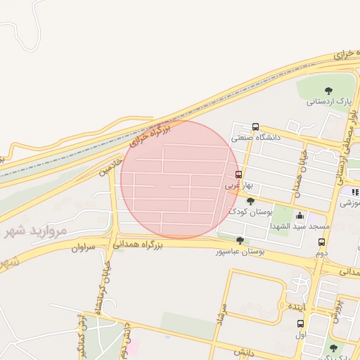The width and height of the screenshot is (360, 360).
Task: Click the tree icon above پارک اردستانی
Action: pyautogui.click(x=328, y=89)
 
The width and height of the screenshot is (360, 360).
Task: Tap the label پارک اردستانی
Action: pyautogui.click(x=328, y=101)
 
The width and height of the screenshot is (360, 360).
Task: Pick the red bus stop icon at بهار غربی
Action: pyautogui.click(x=238, y=174)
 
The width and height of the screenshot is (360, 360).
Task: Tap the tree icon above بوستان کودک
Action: pyautogui.click(x=250, y=201)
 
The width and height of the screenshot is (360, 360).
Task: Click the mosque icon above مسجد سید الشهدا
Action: pyautogui.click(x=301, y=215)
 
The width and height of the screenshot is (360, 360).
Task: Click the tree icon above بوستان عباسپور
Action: pyautogui.click(x=240, y=240)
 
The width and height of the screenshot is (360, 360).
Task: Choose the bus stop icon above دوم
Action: pyautogui.click(x=321, y=242)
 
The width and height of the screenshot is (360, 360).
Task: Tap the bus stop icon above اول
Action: pyautogui.click(x=301, y=324)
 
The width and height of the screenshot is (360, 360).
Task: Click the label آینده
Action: pyautogui.click(x=295, y=307)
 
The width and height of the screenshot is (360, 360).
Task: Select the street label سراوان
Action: pyautogui.click(x=82, y=247)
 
